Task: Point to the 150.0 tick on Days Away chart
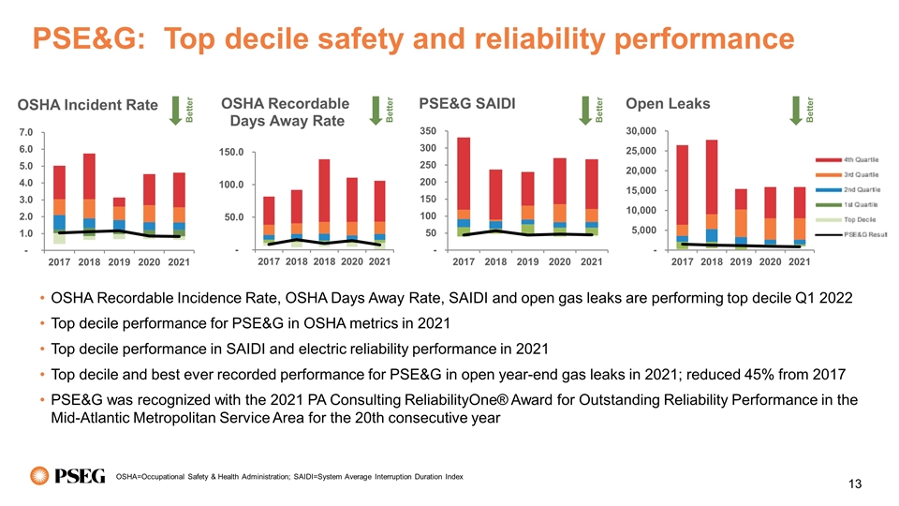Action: pyautogui.click(x=231, y=151)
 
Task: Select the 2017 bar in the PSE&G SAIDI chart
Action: pyautogui.click(x=464, y=187)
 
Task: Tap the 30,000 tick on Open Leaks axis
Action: pyautogui.click(x=648, y=131)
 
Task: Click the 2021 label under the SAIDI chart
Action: pyautogui.click(x=592, y=261)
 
